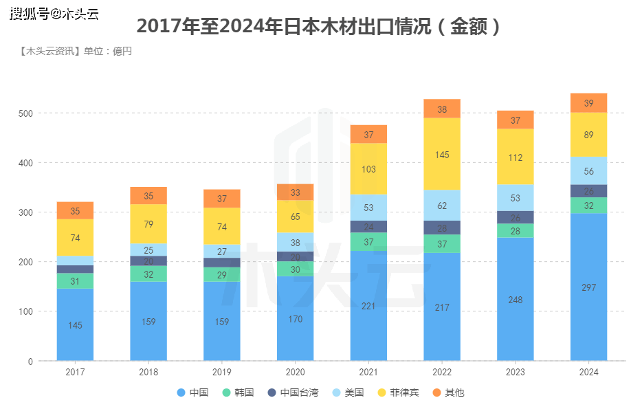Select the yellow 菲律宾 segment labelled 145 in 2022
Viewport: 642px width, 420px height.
click(x=442, y=155)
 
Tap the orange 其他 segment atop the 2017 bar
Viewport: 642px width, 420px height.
click(x=75, y=211)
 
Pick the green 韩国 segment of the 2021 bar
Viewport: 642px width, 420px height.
click(x=368, y=242)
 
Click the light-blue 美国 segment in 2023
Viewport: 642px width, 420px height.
click(x=515, y=198)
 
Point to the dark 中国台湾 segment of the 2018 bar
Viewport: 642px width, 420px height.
click(x=148, y=261)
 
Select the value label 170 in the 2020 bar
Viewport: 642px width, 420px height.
click(x=295, y=319)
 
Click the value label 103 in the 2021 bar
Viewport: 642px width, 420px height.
click(x=368, y=169)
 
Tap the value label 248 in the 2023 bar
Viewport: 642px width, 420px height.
click(x=515, y=300)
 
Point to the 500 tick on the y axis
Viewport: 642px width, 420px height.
click(x=25, y=113)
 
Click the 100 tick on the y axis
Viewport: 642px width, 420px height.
click(x=25, y=312)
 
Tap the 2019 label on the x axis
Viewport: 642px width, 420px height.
click(x=221, y=372)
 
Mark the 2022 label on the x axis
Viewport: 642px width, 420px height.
click(x=442, y=372)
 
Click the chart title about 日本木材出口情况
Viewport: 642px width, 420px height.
click(x=320, y=27)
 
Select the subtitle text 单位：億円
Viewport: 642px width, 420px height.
click(x=107, y=52)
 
